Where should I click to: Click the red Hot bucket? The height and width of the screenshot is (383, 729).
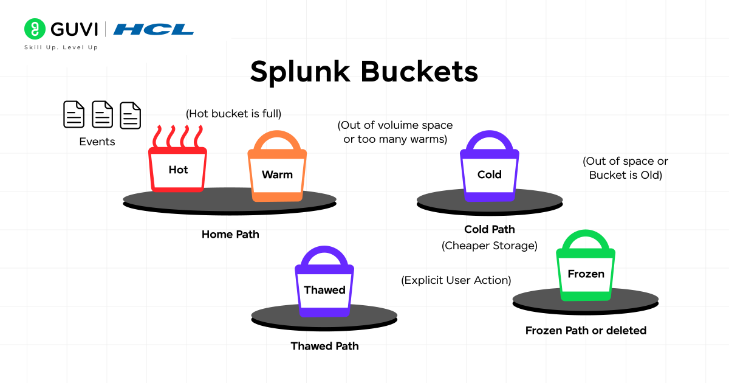pos(178,170)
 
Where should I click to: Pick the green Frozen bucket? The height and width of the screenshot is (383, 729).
pos(586,274)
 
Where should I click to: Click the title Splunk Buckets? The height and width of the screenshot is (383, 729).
pos(364,72)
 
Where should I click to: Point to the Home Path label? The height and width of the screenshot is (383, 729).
pos(230,234)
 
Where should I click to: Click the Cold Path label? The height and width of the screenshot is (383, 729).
pos(489,229)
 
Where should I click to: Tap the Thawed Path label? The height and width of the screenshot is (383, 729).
pos(324,346)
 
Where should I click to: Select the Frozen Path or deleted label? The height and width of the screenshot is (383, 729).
pos(586,331)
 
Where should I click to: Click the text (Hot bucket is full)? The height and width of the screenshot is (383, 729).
pos(234,113)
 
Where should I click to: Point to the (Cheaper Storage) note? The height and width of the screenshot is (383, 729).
pos(489,246)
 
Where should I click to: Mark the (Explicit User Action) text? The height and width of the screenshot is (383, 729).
pos(456,280)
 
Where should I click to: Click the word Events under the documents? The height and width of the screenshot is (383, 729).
pos(97,142)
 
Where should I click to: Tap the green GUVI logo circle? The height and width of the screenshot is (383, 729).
pos(35,29)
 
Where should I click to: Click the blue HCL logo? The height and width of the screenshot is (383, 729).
pos(154,29)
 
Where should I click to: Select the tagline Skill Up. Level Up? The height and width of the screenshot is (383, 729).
pos(61,47)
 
